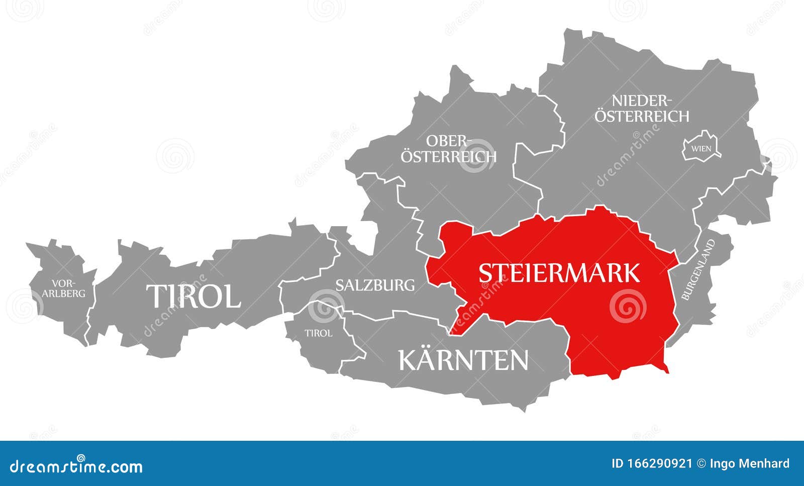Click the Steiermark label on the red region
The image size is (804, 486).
(x=559, y=273)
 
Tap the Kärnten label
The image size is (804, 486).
(x=463, y=360)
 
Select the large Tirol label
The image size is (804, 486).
(x=193, y=296)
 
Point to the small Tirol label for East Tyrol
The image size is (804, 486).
(x=319, y=333)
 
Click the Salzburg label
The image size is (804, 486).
(x=375, y=285)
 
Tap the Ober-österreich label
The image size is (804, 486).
(x=448, y=148)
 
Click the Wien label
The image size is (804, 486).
(x=701, y=149)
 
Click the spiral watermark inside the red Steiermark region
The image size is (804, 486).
(x=628, y=306)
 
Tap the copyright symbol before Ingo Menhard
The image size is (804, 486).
(x=701, y=463)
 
